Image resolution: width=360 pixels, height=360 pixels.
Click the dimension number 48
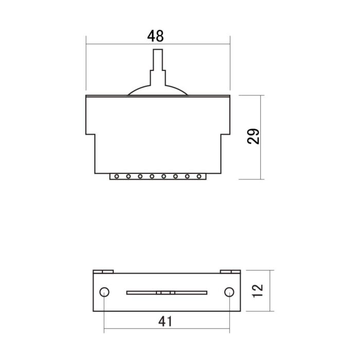155,36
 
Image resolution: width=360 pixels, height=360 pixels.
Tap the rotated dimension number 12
258,291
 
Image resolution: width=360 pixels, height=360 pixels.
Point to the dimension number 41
165,321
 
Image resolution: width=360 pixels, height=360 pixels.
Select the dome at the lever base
157,91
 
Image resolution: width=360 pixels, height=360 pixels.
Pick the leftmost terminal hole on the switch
117,176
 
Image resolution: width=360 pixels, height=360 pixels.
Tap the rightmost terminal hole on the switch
199,176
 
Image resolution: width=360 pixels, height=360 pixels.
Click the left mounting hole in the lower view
104,292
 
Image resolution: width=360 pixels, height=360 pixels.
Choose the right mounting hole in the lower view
229,292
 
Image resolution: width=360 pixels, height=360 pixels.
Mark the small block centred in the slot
166,293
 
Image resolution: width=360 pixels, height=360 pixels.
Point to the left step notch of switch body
90,135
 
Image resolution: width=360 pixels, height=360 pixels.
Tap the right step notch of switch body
225,135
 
